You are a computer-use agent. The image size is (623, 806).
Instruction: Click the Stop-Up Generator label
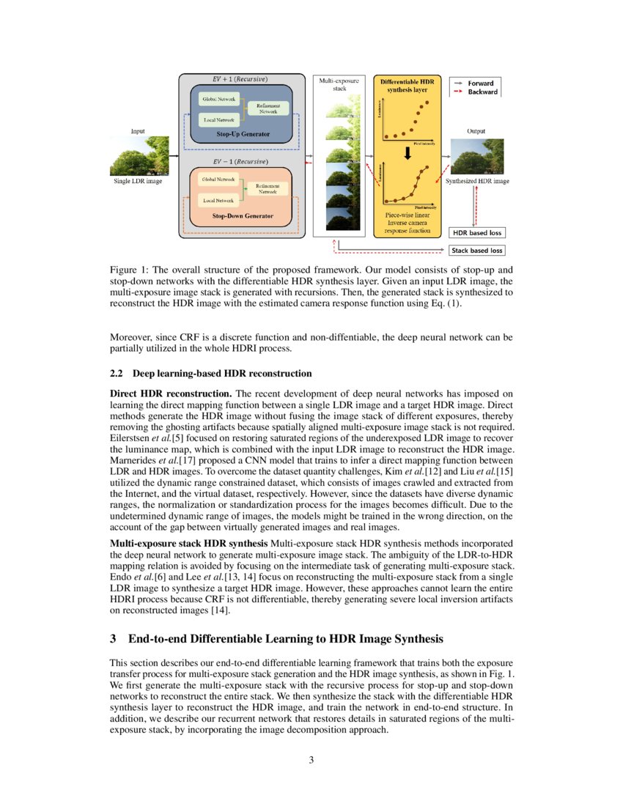(242, 135)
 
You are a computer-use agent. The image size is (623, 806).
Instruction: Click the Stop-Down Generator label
(242, 216)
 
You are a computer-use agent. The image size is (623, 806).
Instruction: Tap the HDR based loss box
(476, 233)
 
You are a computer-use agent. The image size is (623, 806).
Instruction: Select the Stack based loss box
(477, 251)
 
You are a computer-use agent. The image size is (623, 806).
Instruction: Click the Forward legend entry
(481, 83)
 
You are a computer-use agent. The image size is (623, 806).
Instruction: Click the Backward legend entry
(482, 92)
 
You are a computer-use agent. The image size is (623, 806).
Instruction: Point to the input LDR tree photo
(139, 156)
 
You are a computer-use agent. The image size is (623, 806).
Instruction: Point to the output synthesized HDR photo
(476, 156)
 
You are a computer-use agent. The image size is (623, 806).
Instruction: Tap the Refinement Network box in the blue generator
(268, 108)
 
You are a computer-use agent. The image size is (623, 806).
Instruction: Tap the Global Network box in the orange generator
(218, 179)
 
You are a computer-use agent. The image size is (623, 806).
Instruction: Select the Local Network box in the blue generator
(218, 119)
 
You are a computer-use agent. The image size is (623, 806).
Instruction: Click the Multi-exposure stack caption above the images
(339, 84)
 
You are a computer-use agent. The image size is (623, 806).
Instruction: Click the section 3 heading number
(114, 639)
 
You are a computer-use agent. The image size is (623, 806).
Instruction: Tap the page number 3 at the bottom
(311, 760)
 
